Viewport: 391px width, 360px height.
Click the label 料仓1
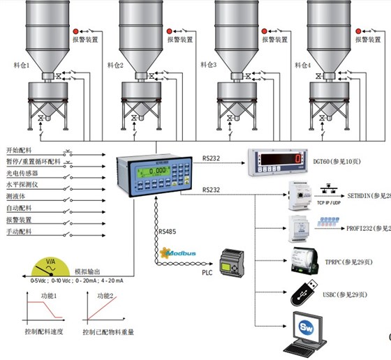pos(20,66)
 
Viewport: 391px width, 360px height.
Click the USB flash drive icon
pos(304,294)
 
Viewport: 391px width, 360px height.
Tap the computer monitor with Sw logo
pos(305,332)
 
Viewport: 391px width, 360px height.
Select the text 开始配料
pos(20,151)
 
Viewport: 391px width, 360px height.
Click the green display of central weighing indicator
pos(149,172)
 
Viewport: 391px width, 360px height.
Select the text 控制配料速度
pos(36,332)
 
